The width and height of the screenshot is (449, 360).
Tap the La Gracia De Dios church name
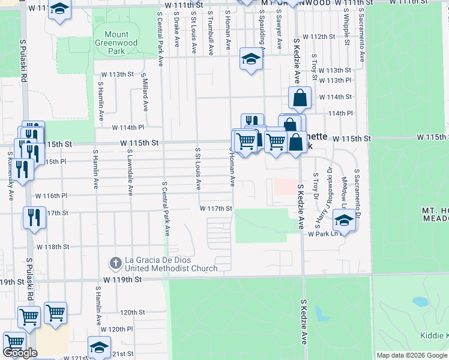[x=171, y=264]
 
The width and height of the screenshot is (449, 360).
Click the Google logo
[x=20, y=353]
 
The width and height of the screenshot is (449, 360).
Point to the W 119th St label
[x=122, y=280]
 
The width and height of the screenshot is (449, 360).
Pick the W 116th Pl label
[x=52, y=196]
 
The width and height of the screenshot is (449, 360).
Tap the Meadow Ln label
[x=343, y=192]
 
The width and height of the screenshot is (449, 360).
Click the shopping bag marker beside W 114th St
[x=300, y=98]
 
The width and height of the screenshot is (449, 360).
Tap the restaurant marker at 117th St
[x=34, y=217]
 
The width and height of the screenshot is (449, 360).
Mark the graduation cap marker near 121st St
[x=99, y=347]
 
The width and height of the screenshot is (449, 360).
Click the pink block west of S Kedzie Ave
[x=286, y=186]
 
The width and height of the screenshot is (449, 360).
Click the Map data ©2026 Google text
[x=412, y=355]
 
